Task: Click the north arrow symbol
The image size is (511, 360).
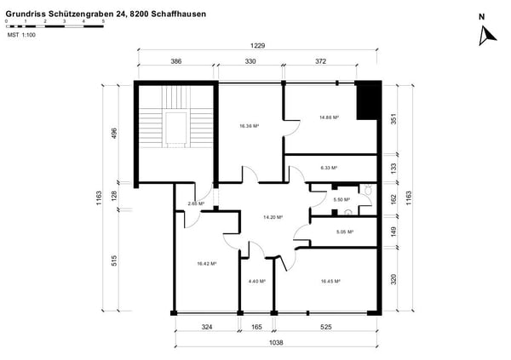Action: pyautogui.click(x=487, y=34)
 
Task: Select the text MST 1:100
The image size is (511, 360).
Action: pyautogui.click(x=22, y=37)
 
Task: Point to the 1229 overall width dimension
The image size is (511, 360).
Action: pyautogui.click(x=258, y=47)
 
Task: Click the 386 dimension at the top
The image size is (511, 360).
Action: pyautogui.click(x=176, y=62)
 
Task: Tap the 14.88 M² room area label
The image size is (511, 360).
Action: pyautogui.click(x=330, y=117)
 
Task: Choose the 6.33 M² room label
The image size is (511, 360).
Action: pyautogui.click(x=330, y=168)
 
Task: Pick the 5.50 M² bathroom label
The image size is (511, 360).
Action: pyautogui.click(x=342, y=199)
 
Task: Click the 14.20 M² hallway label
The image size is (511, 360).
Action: pyautogui.click(x=273, y=217)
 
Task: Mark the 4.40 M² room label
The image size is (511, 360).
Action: pyautogui.click(x=256, y=281)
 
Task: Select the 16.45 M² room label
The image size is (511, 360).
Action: pyautogui.click(x=330, y=281)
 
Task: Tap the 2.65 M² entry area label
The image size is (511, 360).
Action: pyautogui.click(x=196, y=204)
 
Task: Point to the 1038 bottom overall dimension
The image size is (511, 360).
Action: pyautogui.click(x=276, y=342)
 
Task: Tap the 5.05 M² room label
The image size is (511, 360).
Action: pyautogui.click(x=345, y=231)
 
